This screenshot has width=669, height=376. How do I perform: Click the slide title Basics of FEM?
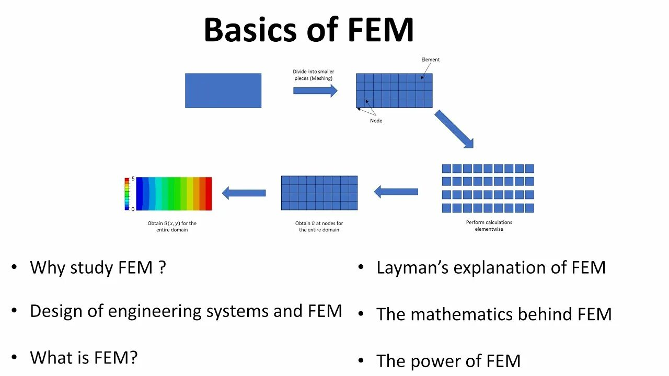point(308,30)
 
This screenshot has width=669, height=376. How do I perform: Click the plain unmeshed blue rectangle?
point(223,90)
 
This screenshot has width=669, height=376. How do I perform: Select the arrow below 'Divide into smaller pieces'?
point(315,91)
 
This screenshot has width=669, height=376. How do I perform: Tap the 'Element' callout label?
point(431,60)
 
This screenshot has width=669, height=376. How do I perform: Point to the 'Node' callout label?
point(376,121)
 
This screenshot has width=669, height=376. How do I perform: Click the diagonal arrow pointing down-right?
point(454,128)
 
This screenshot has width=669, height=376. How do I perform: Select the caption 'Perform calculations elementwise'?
point(489,226)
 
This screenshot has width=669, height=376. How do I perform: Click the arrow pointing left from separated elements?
point(396,192)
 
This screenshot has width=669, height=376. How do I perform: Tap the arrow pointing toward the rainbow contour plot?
point(244,193)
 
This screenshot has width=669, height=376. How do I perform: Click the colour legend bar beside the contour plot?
point(126,194)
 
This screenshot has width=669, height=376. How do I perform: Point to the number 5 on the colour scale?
point(133,179)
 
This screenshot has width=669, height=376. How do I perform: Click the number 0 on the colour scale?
point(133,209)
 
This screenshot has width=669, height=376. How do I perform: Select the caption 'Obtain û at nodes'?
point(319,227)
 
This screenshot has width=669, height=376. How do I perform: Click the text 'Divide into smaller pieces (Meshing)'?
point(313,75)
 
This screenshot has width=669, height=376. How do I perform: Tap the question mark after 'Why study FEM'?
point(162,267)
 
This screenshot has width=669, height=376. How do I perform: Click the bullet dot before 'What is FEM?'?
point(14,358)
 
